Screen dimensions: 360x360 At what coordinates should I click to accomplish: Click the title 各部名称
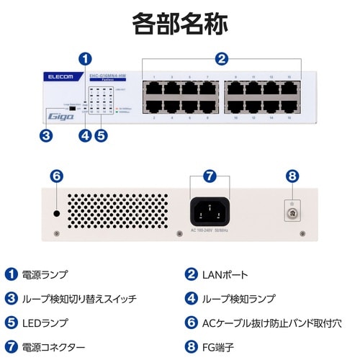(180, 22)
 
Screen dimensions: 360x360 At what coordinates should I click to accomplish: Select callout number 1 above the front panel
(86, 58)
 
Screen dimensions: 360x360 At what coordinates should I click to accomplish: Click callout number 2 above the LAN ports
(222, 58)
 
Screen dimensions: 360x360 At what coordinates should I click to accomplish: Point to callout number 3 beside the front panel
(46, 135)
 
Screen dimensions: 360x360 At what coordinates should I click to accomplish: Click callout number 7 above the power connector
(210, 176)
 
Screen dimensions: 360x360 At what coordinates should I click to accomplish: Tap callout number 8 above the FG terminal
(292, 176)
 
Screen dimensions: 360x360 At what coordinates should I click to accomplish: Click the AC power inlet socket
(210, 212)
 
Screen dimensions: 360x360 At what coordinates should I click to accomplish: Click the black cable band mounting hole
(55, 214)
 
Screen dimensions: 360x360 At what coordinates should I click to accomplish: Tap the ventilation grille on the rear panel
(117, 212)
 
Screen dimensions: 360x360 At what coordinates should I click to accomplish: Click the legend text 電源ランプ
(45, 274)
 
